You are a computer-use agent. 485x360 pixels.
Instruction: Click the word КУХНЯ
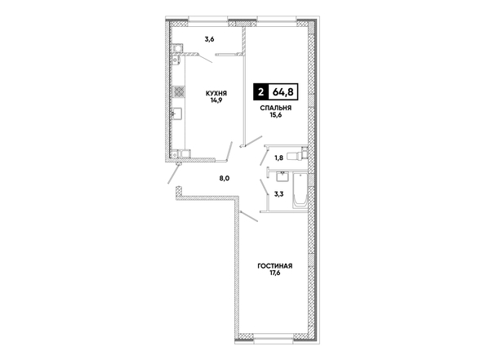point(216,93)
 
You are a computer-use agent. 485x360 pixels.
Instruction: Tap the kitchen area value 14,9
point(216,100)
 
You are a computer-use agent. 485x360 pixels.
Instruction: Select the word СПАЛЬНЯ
point(276,108)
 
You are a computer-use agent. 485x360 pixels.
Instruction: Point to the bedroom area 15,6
point(276,115)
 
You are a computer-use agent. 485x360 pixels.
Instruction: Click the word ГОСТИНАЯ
point(275,266)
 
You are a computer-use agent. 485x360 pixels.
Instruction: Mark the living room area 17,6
point(275,273)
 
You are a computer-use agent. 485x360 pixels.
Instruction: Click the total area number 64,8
point(283,92)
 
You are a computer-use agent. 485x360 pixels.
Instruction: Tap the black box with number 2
point(261,92)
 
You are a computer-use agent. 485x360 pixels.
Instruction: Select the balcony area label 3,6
point(209,39)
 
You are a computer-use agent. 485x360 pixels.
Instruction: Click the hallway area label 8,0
point(225,178)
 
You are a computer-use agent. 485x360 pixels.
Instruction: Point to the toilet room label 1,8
point(278,158)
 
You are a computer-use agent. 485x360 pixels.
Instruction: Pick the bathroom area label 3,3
point(279,194)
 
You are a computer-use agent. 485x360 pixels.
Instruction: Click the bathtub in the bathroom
point(300,190)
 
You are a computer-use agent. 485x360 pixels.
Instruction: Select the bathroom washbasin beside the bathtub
point(283,176)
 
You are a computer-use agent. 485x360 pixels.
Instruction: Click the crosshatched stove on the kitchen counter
point(179,92)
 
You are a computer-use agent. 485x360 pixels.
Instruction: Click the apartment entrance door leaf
point(174,174)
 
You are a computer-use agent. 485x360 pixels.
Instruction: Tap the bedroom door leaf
point(253,140)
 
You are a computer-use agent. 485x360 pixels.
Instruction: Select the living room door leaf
point(249,216)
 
